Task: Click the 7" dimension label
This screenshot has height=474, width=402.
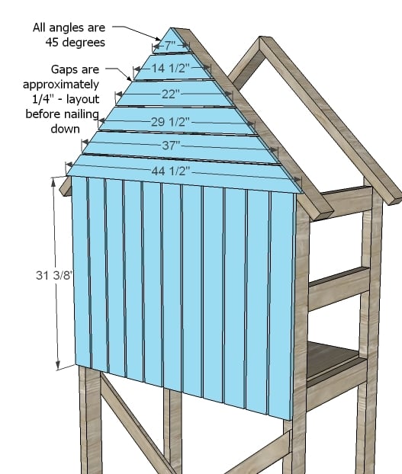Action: [170, 46]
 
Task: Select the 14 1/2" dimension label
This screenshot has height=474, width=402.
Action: [171, 68]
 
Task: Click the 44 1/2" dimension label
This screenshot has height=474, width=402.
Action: [171, 171]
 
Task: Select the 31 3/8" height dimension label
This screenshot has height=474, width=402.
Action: [54, 275]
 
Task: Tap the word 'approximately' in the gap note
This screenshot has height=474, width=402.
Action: [61, 85]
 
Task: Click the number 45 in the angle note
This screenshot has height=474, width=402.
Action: [52, 43]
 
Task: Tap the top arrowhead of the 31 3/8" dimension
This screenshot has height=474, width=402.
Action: [54, 181]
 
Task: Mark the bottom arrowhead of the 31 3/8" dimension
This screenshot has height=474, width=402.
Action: [58, 364]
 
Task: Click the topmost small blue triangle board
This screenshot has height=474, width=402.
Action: [171, 41]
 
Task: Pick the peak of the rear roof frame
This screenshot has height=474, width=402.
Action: [260, 37]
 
